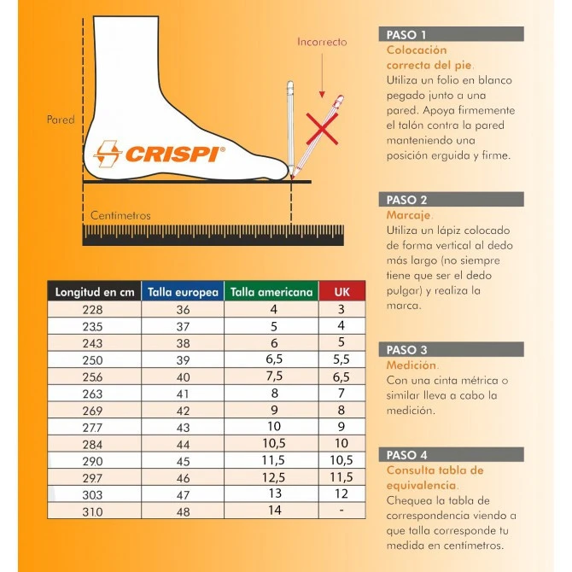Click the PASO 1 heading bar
coord(451,35)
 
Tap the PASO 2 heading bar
coord(451,200)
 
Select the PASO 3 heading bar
coord(451,350)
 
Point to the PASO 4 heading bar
coord(451,455)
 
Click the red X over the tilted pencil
coord(322,130)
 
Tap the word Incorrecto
coord(322,41)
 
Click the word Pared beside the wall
coord(61,120)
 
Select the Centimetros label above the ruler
coord(120,216)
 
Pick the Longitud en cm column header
coord(95,292)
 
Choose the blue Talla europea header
coord(183,292)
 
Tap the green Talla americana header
coord(271,292)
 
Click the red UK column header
coord(341,292)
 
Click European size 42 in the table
coord(183,411)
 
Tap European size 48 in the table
coord(183,511)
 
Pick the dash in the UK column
coord(341,511)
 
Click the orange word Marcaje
coord(409,216)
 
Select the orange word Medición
coord(411,365)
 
